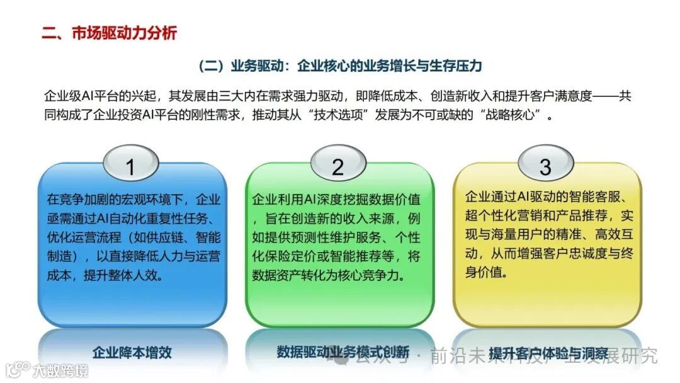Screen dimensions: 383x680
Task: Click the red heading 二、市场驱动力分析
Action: coord(109,33)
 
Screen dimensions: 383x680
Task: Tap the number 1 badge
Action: coord(131,167)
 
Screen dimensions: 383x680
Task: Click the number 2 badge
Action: coord(338,167)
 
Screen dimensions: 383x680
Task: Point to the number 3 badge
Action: coord(545,167)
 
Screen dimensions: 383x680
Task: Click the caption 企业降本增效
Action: coord(132,352)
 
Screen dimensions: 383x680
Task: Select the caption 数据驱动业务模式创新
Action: coord(343,352)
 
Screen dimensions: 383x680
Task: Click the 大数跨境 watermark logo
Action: coord(47,369)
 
